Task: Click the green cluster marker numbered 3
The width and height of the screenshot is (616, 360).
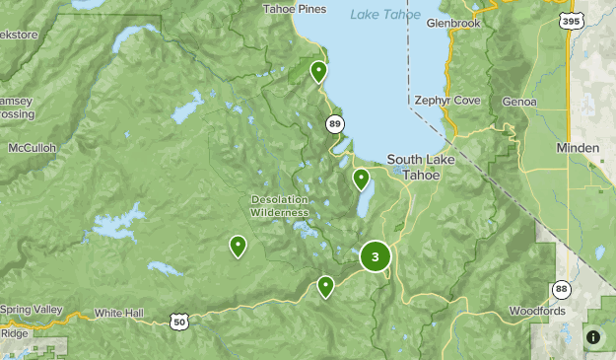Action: coord(375,256)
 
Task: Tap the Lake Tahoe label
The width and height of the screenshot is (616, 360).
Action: coord(385,14)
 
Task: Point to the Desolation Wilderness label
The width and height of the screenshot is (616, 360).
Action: coord(279,205)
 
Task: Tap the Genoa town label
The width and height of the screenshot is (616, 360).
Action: coord(518,102)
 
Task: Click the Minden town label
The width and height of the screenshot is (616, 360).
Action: coord(577,148)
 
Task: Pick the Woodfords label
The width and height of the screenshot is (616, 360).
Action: coord(537,312)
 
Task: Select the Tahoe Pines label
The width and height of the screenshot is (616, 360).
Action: coord(294,10)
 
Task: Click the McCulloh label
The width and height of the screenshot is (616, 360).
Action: coord(33,148)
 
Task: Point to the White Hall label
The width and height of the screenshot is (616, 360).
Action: coord(118,313)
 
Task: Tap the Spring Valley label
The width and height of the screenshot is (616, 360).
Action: coord(32,310)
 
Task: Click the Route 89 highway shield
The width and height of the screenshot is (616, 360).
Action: coord(335,123)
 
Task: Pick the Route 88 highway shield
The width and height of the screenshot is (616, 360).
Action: coord(560,289)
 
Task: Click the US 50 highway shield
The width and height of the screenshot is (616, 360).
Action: coord(177,322)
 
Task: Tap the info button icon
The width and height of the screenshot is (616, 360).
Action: coord(593,337)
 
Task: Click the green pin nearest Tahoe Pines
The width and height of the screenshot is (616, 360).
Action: coord(318,72)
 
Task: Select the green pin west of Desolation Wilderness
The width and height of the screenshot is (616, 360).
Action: coord(238,247)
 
